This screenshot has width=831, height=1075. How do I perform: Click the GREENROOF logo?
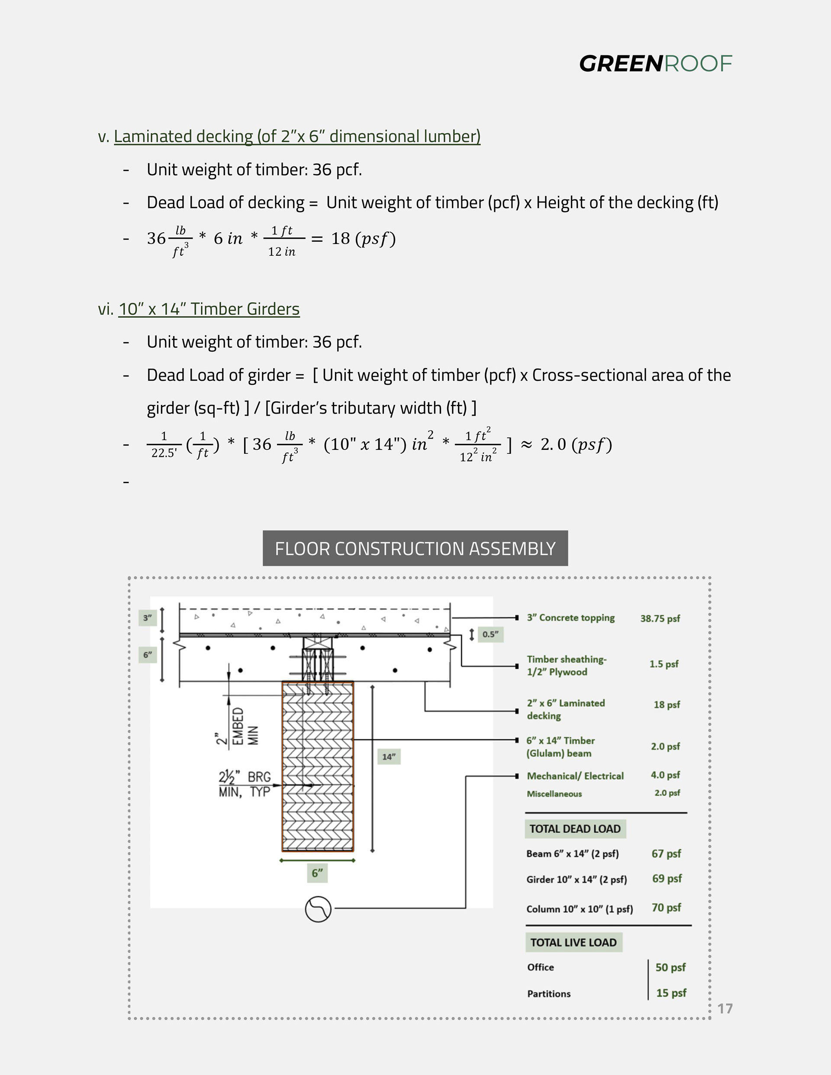655,64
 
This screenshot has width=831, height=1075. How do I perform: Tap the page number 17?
725,1008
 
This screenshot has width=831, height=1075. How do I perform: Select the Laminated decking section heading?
297,136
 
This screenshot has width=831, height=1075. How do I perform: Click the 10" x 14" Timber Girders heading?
209,309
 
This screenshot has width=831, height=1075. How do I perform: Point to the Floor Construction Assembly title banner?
415,549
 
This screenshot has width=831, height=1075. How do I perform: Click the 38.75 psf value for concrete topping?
660,619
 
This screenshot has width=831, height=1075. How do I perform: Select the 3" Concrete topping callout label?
570,618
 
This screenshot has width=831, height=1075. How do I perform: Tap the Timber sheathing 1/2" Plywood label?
567,665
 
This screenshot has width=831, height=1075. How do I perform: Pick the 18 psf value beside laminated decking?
667,704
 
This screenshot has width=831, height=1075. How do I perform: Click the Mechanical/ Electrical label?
575,776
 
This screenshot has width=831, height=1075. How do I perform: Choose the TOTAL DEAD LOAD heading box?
575,829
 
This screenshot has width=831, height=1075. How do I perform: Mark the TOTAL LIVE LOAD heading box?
573,943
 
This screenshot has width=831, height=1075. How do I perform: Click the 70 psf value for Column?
666,908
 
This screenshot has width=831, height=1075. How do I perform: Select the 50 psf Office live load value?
670,967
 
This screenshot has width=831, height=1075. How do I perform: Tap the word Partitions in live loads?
549,994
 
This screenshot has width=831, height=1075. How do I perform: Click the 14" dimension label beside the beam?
389,757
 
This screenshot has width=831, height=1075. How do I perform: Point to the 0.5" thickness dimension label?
490,635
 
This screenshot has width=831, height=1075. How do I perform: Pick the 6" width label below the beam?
317,873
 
